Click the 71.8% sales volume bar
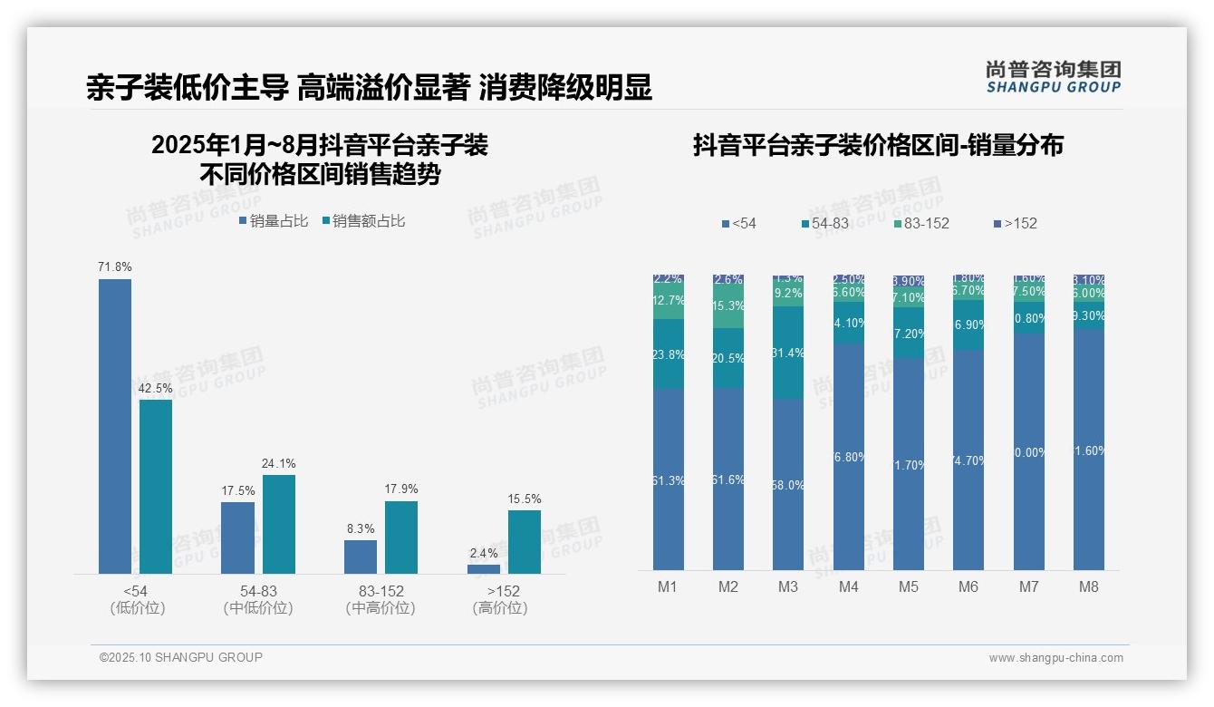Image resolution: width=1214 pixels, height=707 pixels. (115, 426)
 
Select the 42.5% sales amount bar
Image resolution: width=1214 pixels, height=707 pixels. (156, 487)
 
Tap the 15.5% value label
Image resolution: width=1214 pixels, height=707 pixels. (525, 499)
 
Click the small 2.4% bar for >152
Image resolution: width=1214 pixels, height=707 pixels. (484, 568)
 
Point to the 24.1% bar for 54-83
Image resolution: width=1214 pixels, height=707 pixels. (279, 524)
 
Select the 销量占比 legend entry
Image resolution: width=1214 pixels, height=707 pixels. (274, 221)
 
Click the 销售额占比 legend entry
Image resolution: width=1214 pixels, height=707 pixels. (363, 221)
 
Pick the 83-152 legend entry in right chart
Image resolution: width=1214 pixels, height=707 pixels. (921, 223)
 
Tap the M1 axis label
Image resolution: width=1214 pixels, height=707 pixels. (668, 586)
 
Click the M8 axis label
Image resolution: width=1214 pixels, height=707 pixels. (1089, 586)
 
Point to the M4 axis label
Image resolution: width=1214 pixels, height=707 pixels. (848, 586)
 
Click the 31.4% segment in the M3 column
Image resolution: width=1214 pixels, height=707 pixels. (788, 353)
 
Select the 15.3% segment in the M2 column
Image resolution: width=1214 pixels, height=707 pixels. (728, 306)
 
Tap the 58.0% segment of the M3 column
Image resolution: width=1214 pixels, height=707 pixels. (788, 485)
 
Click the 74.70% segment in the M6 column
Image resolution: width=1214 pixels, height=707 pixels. (968, 460)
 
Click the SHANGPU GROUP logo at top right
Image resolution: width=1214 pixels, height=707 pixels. (1053, 77)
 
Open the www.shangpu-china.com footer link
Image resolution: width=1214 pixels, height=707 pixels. (1055, 658)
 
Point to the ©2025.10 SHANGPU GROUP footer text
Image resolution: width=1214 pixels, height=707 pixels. (181, 657)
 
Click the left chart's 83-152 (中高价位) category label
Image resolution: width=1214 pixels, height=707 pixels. (381, 599)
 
